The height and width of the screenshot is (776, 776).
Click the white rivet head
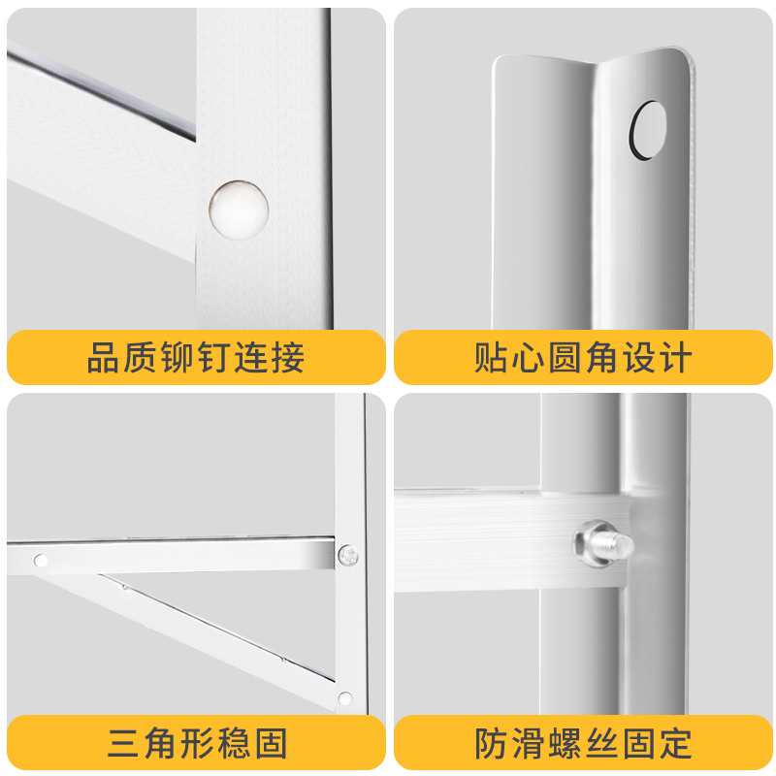point(239,210)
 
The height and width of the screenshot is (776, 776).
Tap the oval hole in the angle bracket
point(648,130)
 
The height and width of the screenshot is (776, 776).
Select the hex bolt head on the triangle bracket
point(348,555)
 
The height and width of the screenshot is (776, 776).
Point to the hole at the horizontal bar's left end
point(41,561)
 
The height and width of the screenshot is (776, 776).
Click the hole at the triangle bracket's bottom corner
point(345,698)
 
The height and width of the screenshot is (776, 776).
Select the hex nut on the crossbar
point(592,542)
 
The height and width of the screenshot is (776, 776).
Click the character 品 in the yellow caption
point(103,357)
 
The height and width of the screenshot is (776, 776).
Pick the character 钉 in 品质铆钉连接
point(214,357)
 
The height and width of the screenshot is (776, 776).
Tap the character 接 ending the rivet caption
point(287,357)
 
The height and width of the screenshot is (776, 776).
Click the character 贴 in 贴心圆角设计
point(490,357)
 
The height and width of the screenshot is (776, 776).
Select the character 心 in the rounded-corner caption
point(527,357)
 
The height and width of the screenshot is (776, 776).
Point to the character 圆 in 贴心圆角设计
point(565,357)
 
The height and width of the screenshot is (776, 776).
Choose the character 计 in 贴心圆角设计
point(675,357)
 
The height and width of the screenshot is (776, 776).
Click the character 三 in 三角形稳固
point(123,743)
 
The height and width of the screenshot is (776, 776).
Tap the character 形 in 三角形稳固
point(197,743)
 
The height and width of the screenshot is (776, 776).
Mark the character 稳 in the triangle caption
point(234,743)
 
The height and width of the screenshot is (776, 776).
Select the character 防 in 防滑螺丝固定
point(490,743)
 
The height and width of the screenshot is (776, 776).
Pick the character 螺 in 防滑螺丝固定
point(565,743)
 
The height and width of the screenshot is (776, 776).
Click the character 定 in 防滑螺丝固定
point(675,743)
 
